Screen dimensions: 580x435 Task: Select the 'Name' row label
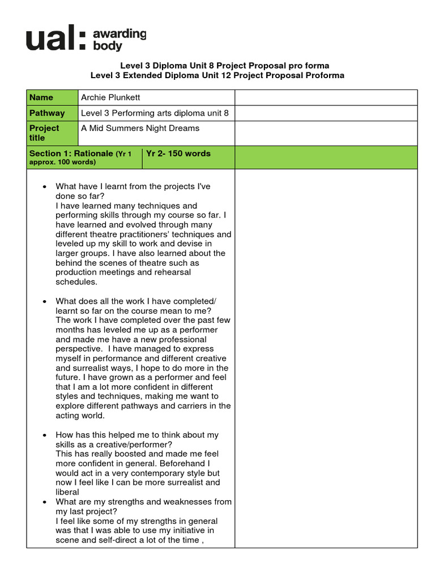pyautogui.click(x=41, y=97)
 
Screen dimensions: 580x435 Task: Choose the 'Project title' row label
pyautogui.click(x=44, y=133)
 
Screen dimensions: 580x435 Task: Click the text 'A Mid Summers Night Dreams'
pyautogui.click(x=140, y=128)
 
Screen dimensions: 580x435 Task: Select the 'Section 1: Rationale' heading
pyautogui.click(x=71, y=153)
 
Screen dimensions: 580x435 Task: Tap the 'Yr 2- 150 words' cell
pyautogui.click(x=178, y=153)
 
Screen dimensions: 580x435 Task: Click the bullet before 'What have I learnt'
pyautogui.click(x=44, y=187)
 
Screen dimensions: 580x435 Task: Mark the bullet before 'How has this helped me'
pyautogui.click(x=44, y=435)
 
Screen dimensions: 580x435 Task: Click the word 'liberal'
pyautogui.click(x=67, y=492)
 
